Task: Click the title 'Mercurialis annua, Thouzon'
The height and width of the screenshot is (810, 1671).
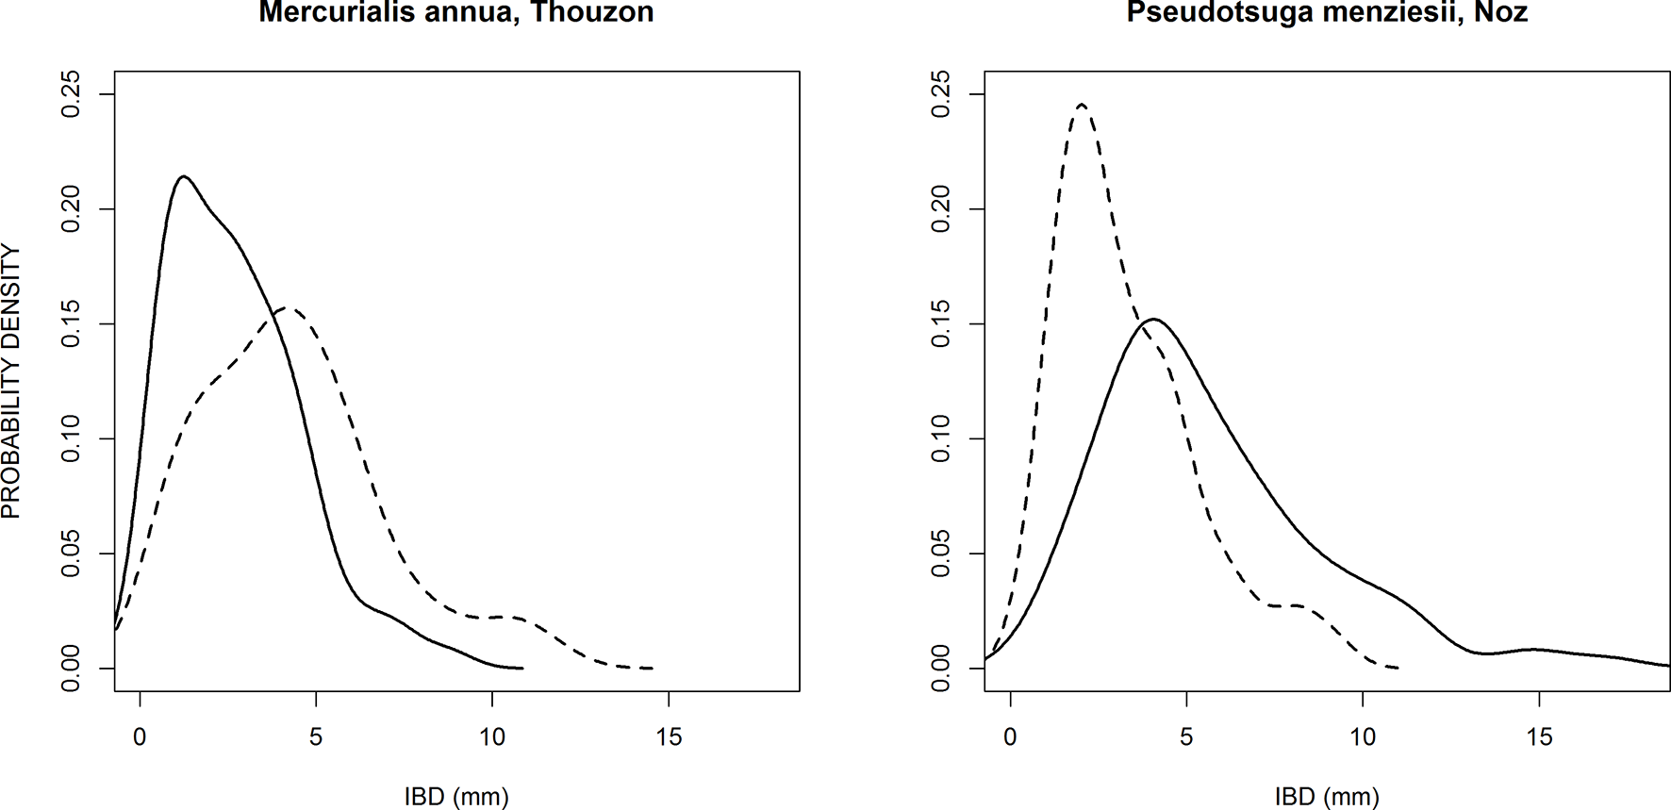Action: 456,12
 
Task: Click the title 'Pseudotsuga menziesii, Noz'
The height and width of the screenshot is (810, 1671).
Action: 1327,12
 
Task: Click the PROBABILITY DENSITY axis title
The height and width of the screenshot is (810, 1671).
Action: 11,381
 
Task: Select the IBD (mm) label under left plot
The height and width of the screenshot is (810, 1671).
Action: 456,796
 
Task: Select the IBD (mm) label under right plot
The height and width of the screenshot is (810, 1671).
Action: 1327,796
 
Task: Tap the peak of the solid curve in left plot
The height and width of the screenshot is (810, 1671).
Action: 184,176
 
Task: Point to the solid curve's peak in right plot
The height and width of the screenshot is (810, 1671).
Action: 1154,319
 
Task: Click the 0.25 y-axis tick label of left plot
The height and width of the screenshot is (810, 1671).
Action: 72,94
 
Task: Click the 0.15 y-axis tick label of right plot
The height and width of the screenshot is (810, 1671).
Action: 941,323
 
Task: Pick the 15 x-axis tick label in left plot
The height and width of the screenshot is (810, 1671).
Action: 669,737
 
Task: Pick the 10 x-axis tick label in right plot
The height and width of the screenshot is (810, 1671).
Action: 1363,737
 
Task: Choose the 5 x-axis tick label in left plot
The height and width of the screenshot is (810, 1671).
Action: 316,737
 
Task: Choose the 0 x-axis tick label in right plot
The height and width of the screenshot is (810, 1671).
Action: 1010,737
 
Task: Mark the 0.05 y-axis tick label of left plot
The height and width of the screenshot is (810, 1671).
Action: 72,554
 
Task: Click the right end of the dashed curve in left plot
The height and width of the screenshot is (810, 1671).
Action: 652,668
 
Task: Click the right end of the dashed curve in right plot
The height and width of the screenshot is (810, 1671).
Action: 1398,667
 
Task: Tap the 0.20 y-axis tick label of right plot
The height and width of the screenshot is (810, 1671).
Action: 941,208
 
